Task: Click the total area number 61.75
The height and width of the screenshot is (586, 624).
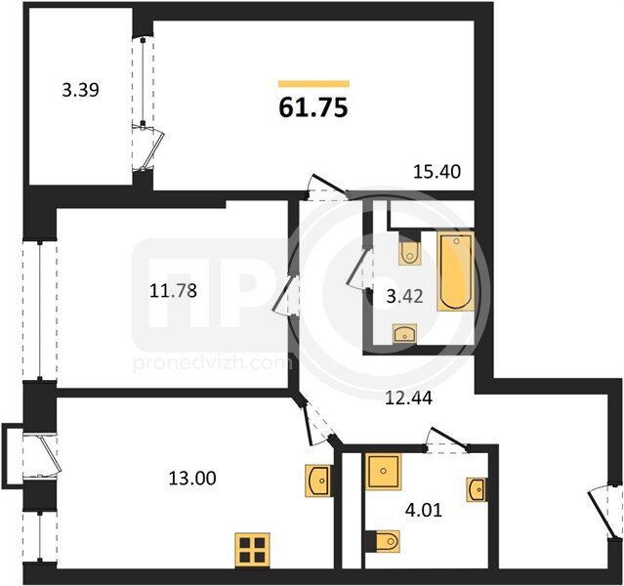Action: (313, 107)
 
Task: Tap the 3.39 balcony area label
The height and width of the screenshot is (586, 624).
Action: (80, 90)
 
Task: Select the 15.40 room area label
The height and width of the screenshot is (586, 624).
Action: (437, 172)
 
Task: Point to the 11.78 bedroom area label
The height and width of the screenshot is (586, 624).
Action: (173, 291)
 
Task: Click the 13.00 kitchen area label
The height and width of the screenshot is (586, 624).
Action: (192, 478)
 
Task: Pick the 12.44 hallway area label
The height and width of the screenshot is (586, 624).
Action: (409, 398)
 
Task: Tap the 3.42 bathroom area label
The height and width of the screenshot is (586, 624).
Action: (404, 297)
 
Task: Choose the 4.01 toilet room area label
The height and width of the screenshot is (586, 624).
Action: (424, 510)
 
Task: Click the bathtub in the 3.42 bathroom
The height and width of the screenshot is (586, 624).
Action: (456, 272)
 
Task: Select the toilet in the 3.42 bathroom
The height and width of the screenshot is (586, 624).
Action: (409, 248)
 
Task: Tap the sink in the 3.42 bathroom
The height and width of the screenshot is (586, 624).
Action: (404, 333)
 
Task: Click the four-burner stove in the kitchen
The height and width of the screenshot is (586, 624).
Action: (252, 550)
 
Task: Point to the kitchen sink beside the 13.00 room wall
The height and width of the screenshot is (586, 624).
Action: (317, 481)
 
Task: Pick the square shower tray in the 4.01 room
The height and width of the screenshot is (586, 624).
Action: (383, 472)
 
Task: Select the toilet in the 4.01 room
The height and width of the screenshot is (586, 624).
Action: (383, 541)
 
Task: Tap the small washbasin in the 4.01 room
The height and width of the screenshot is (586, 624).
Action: (477, 489)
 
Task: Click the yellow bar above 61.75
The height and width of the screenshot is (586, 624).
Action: (313, 84)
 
